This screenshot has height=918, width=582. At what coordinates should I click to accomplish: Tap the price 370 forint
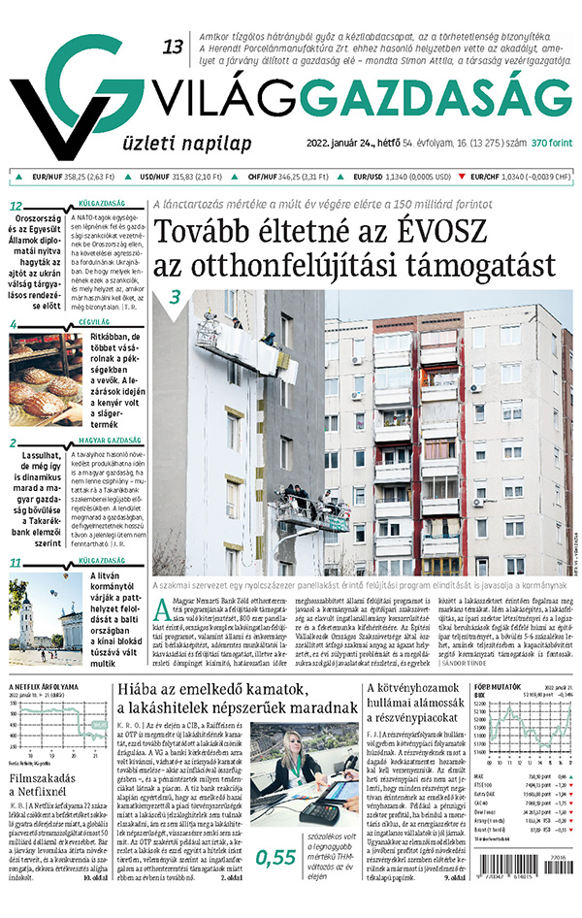pos(552,144)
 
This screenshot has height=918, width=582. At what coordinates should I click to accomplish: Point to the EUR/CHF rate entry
pos(515,177)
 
